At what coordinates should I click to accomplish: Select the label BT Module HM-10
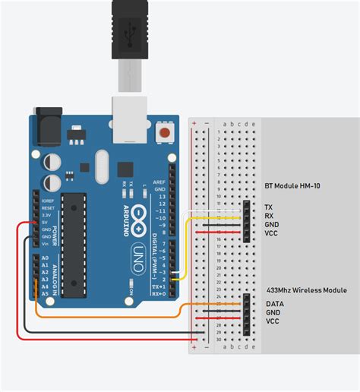299,185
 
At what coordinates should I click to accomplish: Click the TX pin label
268,207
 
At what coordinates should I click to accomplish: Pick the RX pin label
269,216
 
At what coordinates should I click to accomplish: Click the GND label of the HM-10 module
271,225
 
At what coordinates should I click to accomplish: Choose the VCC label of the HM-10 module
271,234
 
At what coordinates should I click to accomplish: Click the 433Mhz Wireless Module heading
306,290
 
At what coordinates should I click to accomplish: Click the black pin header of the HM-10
248,220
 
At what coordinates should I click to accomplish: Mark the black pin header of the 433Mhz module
248,312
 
